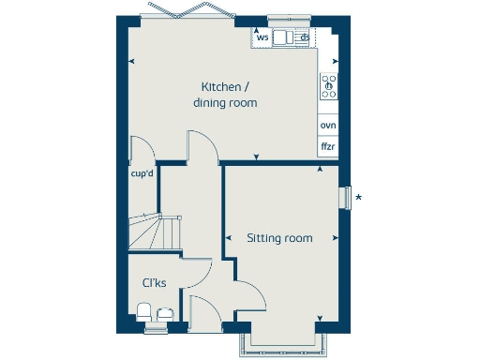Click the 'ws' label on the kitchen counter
point(262,37)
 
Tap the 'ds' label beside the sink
point(305,37)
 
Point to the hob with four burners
point(329,86)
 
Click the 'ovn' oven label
point(328,125)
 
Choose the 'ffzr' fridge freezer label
point(328,147)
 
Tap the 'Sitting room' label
point(279,238)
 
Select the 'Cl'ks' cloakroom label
point(155,283)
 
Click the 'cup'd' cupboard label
point(142,172)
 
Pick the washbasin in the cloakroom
point(166,313)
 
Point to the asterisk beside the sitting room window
point(358,198)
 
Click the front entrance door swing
point(203,309)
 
